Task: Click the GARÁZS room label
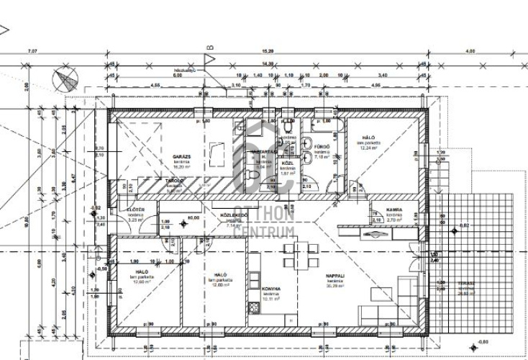(181, 155)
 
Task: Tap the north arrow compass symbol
(65, 78)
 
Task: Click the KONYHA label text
(270, 288)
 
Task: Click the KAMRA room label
(393, 210)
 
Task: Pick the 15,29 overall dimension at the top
(267, 51)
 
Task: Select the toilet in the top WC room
(288, 127)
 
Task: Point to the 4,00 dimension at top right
(470, 51)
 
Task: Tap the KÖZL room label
(287, 164)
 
